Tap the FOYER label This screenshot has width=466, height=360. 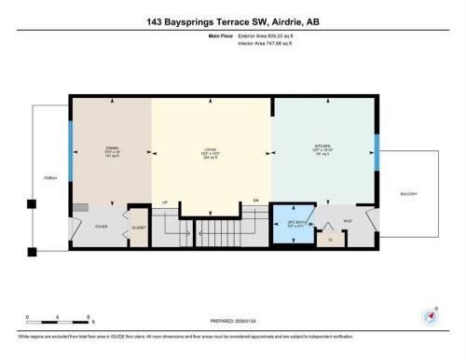102,226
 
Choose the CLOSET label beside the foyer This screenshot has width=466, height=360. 138,226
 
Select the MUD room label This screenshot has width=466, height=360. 348,220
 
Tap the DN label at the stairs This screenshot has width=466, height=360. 256,201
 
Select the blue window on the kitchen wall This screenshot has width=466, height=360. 377,153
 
